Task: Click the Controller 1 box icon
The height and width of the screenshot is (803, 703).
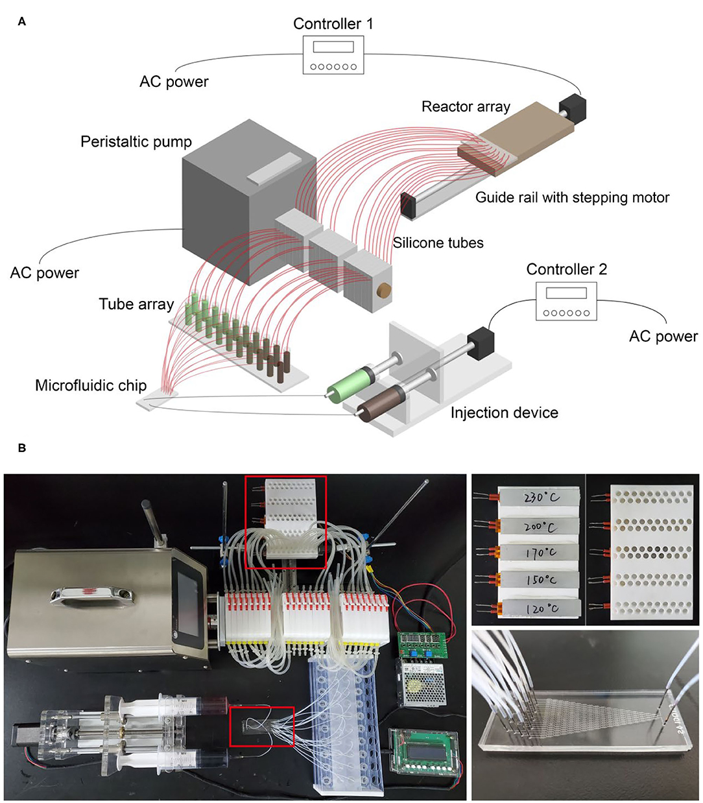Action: click(x=333, y=55)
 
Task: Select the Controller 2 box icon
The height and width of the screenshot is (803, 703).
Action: click(x=566, y=301)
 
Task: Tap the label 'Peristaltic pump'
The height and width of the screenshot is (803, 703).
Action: click(x=136, y=141)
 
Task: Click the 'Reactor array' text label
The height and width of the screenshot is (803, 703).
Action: click(x=466, y=106)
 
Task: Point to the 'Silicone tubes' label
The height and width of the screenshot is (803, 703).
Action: click(x=438, y=243)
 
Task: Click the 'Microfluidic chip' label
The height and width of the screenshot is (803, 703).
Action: click(x=91, y=385)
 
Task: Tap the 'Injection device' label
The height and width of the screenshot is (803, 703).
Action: click(x=504, y=413)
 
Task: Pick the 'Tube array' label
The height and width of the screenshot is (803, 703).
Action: click(x=136, y=304)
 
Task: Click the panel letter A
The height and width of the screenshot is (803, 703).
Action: click(x=22, y=22)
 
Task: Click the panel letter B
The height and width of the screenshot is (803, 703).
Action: click(x=22, y=448)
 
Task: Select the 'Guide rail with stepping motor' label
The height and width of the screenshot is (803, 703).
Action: click(x=572, y=197)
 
